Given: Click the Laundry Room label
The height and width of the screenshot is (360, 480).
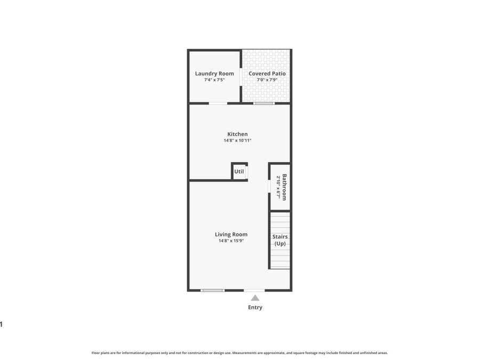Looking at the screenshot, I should pyautogui.click(x=214, y=74).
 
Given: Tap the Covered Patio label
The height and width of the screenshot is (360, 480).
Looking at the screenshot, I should pyautogui.click(x=267, y=74).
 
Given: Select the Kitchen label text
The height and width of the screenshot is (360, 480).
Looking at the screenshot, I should pyautogui.click(x=237, y=134).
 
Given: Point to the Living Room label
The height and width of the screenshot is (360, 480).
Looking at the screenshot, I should pyautogui.click(x=231, y=234).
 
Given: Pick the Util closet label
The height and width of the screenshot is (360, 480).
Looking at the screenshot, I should pyautogui.click(x=239, y=172).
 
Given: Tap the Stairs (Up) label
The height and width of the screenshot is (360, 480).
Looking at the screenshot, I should pyautogui.click(x=280, y=240).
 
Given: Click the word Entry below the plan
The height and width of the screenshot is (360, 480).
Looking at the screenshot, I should pyautogui.click(x=255, y=307).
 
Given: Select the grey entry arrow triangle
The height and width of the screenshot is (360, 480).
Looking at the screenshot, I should pyautogui.click(x=255, y=298).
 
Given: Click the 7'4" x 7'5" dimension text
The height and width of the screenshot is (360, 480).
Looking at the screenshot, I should pyautogui.click(x=214, y=80).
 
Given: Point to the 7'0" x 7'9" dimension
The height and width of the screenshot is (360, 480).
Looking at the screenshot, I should pyautogui.click(x=267, y=80).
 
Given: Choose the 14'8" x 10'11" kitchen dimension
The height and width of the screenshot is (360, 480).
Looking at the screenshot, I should pyautogui.click(x=237, y=141).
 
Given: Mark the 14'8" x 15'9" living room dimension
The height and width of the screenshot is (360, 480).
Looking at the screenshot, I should pyautogui.click(x=231, y=241).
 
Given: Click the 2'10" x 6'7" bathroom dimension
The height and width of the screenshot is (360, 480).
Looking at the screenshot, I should pyautogui.click(x=278, y=187).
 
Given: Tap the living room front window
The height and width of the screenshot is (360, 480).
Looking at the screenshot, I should pyautogui.click(x=212, y=290).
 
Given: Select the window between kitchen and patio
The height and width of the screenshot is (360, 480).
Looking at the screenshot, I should pyautogui.click(x=263, y=103).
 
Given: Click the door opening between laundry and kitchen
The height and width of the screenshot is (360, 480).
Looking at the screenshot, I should pyautogui.click(x=218, y=103).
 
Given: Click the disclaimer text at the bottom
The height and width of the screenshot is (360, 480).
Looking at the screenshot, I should pyautogui.click(x=239, y=353).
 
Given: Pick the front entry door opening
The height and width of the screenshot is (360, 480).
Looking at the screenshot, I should pyautogui.click(x=254, y=290).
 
